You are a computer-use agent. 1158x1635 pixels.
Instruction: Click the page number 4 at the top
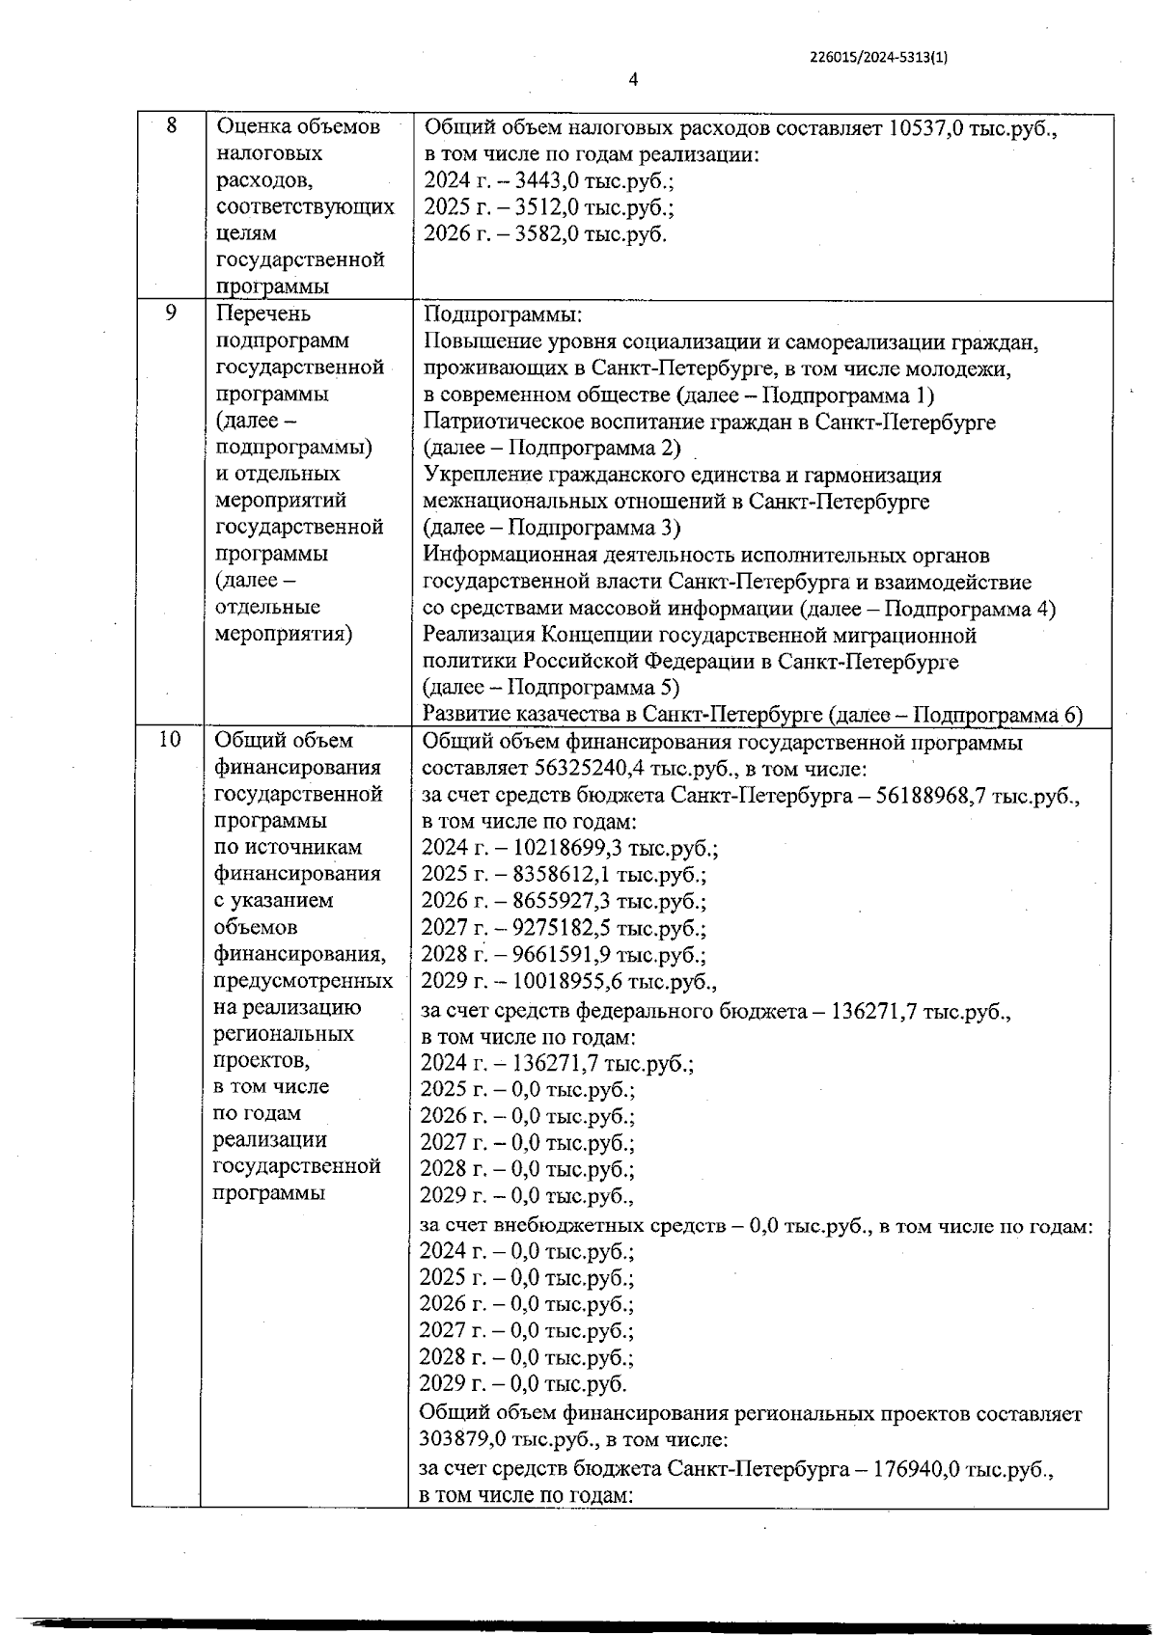pyautogui.click(x=633, y=80)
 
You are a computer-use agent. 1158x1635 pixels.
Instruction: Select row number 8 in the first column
pyautogui.click(x=172, y=125)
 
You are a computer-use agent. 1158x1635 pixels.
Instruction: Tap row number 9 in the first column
pyautogui.click(x=171, y=313)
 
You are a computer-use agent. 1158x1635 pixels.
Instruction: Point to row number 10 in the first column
pyautogui.click(x=169, y=740)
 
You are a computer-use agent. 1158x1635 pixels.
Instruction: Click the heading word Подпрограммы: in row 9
pyautogui.click(x=504, y=315)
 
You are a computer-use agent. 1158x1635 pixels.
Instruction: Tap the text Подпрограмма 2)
pyautogui.click(x=593, y=449)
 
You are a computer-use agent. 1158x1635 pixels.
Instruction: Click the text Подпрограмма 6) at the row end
pyautogui.click(x=997, y=716)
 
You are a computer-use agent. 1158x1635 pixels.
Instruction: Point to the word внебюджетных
pyautogui.click(x=561, y=1227)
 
